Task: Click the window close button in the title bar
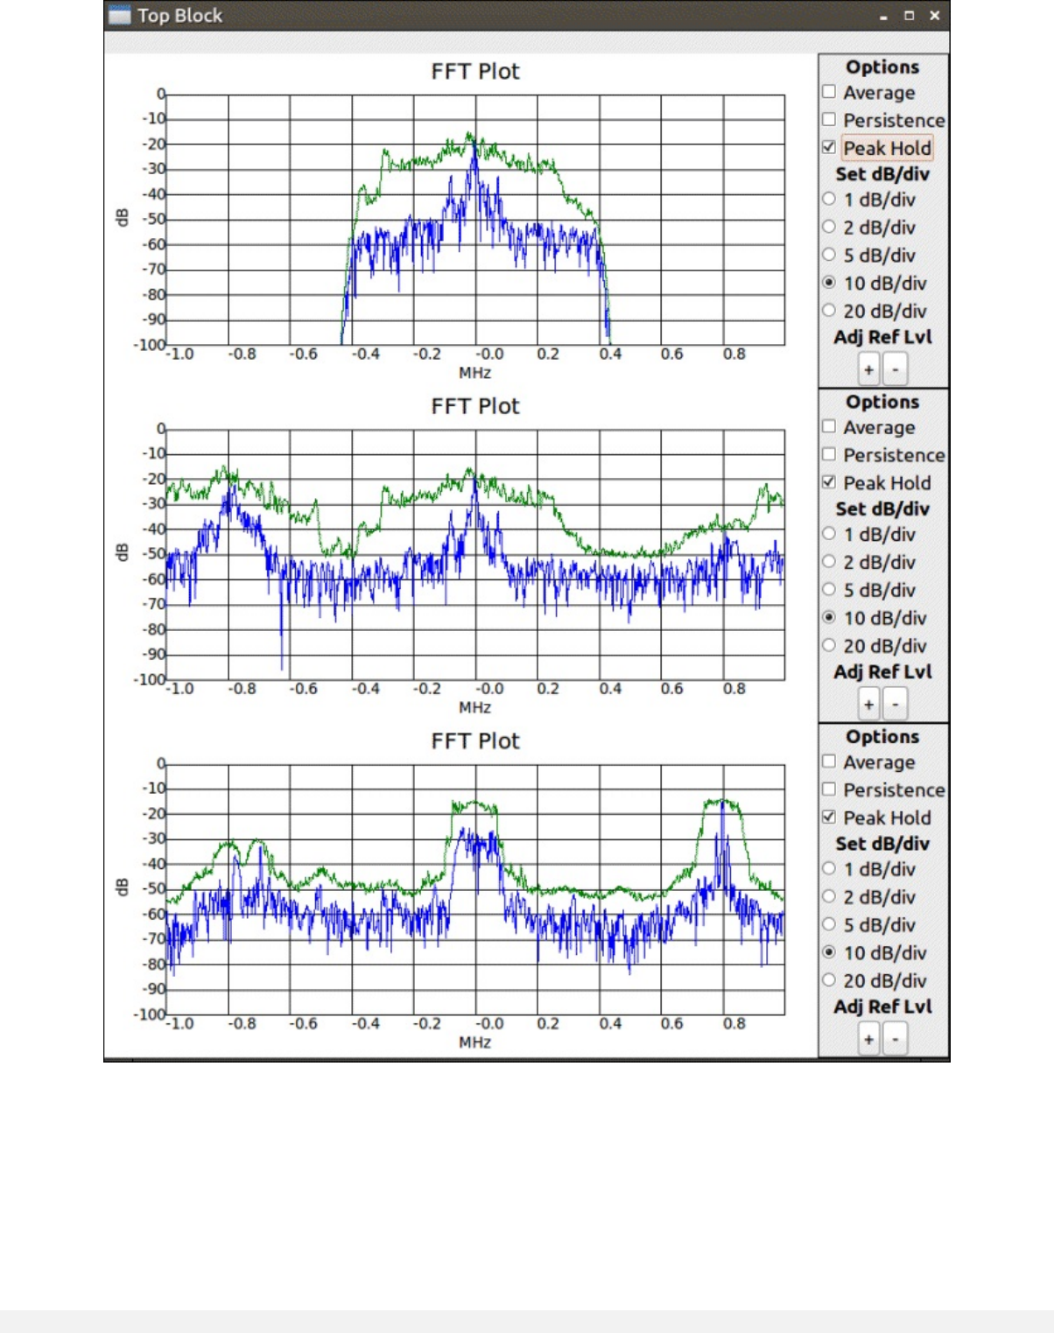coord(934,16)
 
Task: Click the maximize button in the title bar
coord(909,16)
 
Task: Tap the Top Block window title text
coord(179,16)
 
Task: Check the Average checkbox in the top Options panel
coord(829,92)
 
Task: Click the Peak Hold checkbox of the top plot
coord(829,147)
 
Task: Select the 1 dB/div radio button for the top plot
coord(829,199)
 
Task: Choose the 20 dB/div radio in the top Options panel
coord(829,311)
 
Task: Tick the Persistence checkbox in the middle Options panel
coord(829,454)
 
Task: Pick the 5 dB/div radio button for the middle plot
coord(829,590)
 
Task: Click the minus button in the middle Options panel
coord(895,705)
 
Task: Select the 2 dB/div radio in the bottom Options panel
coord(829,896)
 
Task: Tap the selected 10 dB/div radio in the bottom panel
coord(829,952)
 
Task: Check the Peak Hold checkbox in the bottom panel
coord(829,817)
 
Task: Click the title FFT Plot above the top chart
coord(475,71)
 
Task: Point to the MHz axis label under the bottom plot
coord(474,1042)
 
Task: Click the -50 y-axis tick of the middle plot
coord(154,554)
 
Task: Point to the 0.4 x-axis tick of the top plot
coord(610,354)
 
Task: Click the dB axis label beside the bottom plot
coord(122,887)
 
